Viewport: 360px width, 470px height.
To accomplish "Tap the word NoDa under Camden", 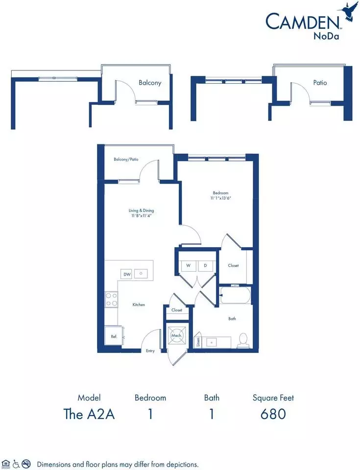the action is [x=326, y=36].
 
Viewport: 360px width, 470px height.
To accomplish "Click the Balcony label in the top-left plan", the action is [x=150, y=83].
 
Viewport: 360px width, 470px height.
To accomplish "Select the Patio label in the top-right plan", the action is [x=320, y=82].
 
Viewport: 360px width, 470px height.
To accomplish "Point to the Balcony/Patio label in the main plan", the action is [x=126, y=159].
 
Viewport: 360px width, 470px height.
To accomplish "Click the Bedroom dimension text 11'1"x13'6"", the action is [x=220, y=198].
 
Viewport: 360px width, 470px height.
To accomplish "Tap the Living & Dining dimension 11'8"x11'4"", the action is [x=141, y=215].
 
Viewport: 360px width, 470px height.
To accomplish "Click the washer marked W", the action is [x=188, y=265].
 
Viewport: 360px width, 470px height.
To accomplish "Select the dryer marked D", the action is [x=205, y=265].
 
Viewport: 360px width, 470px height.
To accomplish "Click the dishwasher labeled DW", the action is [x=127, y=274].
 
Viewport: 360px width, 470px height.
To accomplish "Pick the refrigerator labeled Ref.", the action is [x=114, y=337].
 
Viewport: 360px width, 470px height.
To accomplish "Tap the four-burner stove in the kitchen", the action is [x=111, y=300].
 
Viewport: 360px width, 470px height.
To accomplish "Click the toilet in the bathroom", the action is [x=243, y=341].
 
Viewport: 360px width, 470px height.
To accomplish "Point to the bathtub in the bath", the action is [x=235, y=295].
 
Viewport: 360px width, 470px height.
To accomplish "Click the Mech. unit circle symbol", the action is [x=176, y=335].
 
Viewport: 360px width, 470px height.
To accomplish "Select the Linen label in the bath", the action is [x=198, y=342].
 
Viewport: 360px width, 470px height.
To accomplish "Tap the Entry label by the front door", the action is [x=150, y=351].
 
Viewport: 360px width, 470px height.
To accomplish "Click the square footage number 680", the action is [x=273, y=414].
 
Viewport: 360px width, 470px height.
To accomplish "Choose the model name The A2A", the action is [x=89, y=414].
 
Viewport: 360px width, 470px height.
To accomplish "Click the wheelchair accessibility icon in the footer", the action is [x=16, y=464].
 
